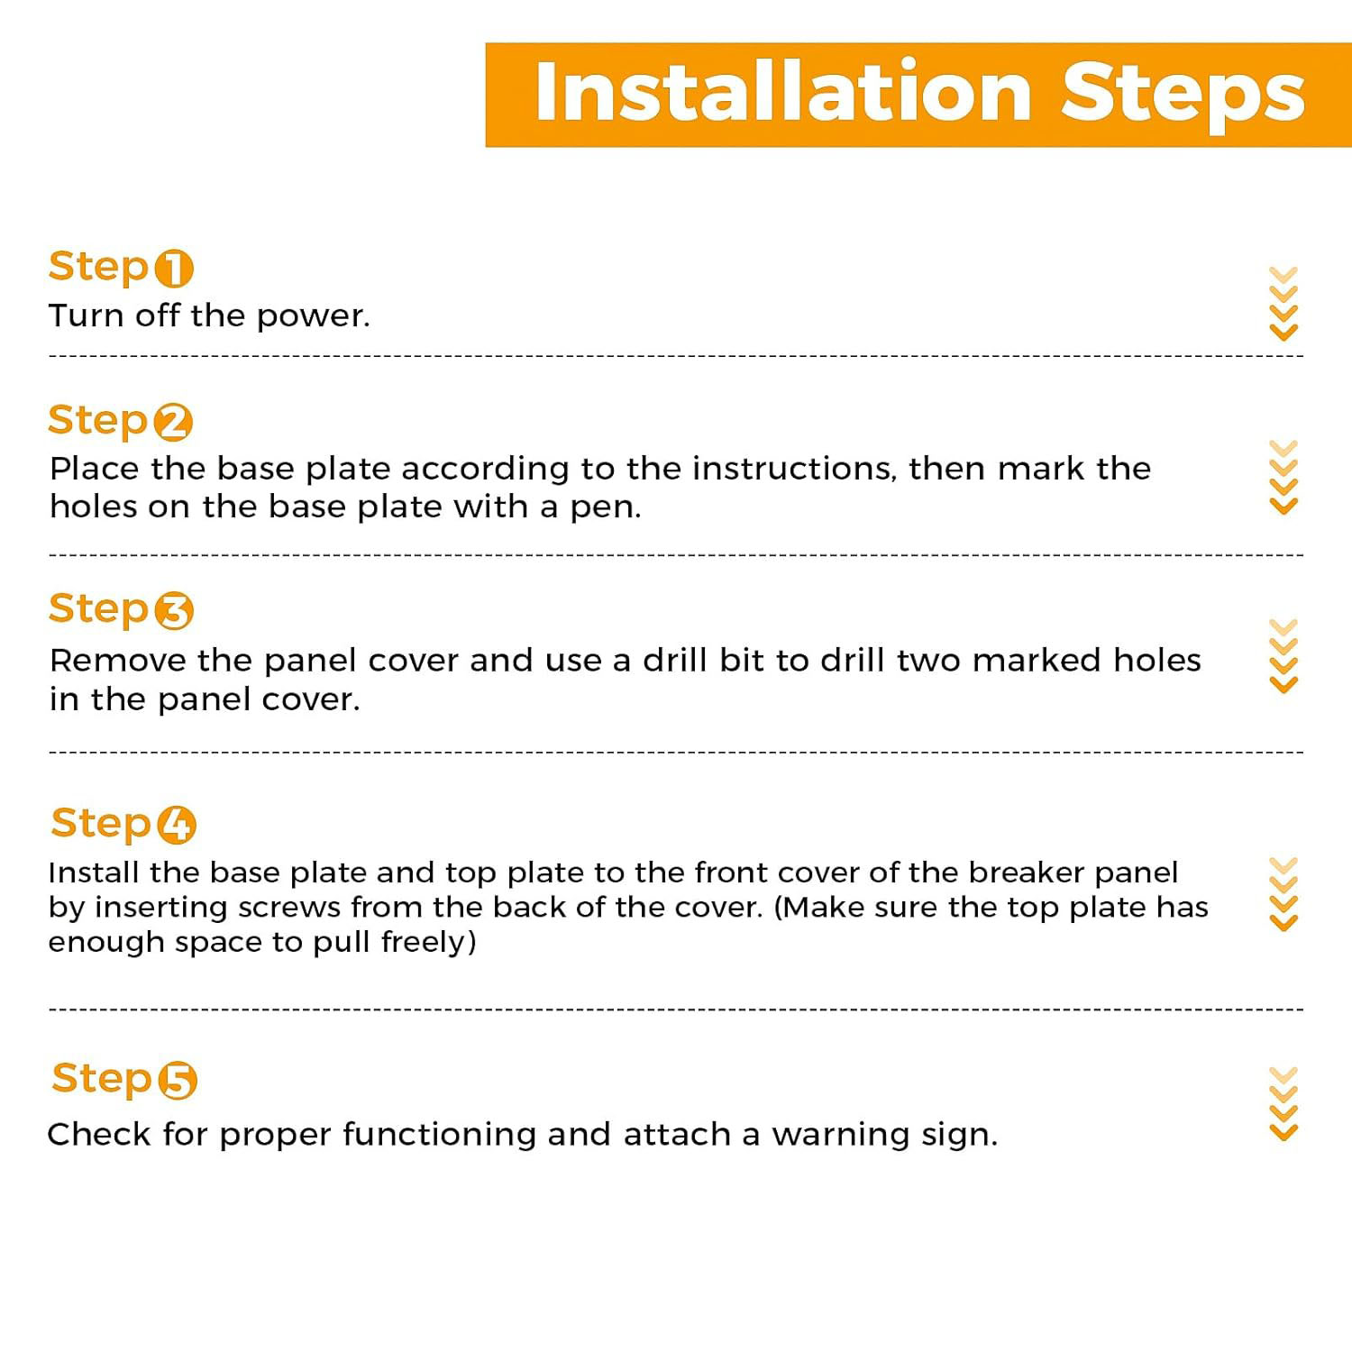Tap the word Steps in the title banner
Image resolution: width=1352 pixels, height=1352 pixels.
pos(1183,96)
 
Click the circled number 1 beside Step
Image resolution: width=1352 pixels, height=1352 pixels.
pos(174,268)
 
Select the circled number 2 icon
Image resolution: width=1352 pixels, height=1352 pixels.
pos(173,422)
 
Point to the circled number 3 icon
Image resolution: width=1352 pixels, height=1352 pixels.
pos(174,611)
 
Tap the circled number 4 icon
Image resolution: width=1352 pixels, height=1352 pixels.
pos(177,825)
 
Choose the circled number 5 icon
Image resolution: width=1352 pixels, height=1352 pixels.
pos(178,1081)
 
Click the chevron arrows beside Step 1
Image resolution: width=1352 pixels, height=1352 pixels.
pos(1283,304)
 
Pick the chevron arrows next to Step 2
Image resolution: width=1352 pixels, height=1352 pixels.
pos(1283,478)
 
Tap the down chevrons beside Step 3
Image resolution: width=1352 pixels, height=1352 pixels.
pos(1283,656)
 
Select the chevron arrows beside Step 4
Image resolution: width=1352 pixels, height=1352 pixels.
pos(1283,894)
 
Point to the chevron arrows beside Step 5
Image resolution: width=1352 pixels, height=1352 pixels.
pos(1283,1104)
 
